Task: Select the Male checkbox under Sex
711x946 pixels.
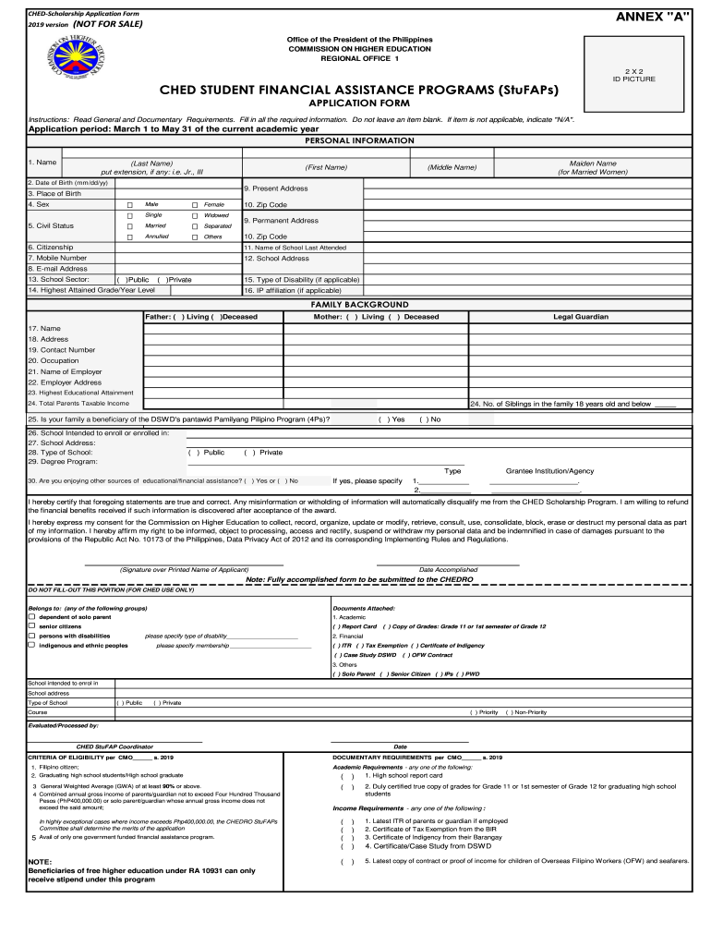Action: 130,204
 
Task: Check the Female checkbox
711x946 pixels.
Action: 195,204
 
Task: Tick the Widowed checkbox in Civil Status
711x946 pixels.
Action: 195,215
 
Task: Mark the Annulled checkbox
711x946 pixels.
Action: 130,236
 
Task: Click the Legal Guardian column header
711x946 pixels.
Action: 580,317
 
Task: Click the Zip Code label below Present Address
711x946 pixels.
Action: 265,204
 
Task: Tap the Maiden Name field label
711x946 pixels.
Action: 593,167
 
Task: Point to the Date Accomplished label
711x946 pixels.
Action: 448,570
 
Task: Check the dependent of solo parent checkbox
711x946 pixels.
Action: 31,617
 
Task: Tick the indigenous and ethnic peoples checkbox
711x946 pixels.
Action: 31,645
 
